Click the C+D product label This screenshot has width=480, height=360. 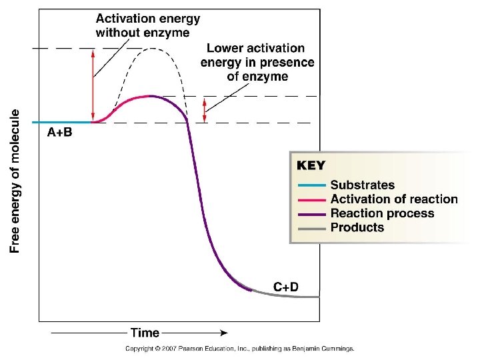(286, 287)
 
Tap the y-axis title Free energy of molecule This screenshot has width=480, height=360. (16, 181)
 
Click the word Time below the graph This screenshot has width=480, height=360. (145, 333)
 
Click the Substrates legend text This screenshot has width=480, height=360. (362, 185)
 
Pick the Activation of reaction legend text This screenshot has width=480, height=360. (394, 199)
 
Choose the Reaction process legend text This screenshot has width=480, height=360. (382, 213)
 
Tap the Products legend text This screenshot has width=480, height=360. (357, 227)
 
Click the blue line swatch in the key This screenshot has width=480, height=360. (310, 185)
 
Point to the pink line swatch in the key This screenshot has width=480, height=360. (310, 199)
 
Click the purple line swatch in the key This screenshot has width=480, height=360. (310, 213)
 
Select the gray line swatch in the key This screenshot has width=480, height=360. (310, 227)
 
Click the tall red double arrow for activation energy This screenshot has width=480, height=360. (93, 85)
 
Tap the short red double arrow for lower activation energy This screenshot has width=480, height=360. (205, 109)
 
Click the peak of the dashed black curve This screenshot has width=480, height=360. (153, 48)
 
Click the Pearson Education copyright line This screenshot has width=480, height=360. (240, 348)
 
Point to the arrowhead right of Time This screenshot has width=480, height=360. (224, 333)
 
